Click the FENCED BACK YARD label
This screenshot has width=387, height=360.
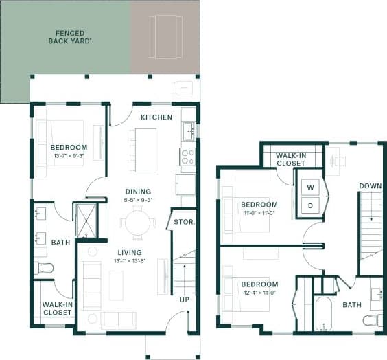click(x=70, y=36)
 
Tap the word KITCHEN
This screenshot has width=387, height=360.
click(x=156, y=117)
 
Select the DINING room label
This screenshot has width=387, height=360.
click(x=138, y=192)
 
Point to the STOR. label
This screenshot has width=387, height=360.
click(x=184, y=223)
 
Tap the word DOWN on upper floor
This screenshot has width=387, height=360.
click(x=371, y=186)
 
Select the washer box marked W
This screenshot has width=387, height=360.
click(x=309, y=188)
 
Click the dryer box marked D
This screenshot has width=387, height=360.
click(x=309, y=205)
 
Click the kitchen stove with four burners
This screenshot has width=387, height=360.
click(x=187, y=157)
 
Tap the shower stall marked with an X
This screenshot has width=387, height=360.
click(x=86, y=221)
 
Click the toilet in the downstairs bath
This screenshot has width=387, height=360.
click(x=45, y=267)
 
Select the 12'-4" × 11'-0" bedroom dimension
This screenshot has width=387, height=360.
click(x=259, y=293)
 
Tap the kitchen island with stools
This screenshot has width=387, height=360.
click(x=145, y=150)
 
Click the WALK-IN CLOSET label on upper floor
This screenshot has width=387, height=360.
click(x=291, y=159)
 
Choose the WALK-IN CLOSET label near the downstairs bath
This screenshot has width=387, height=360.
click(x=58, y=308)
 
